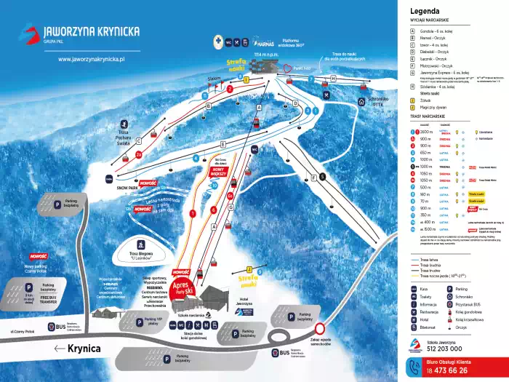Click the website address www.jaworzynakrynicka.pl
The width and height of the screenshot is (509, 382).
click(92, 59)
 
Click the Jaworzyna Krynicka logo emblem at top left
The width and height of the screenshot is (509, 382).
click(28, 33)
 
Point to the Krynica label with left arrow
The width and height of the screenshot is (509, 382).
click(75, 349)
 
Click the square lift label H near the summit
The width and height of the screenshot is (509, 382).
click(333, 77)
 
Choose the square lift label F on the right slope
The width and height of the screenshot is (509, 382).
click(312, 177)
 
